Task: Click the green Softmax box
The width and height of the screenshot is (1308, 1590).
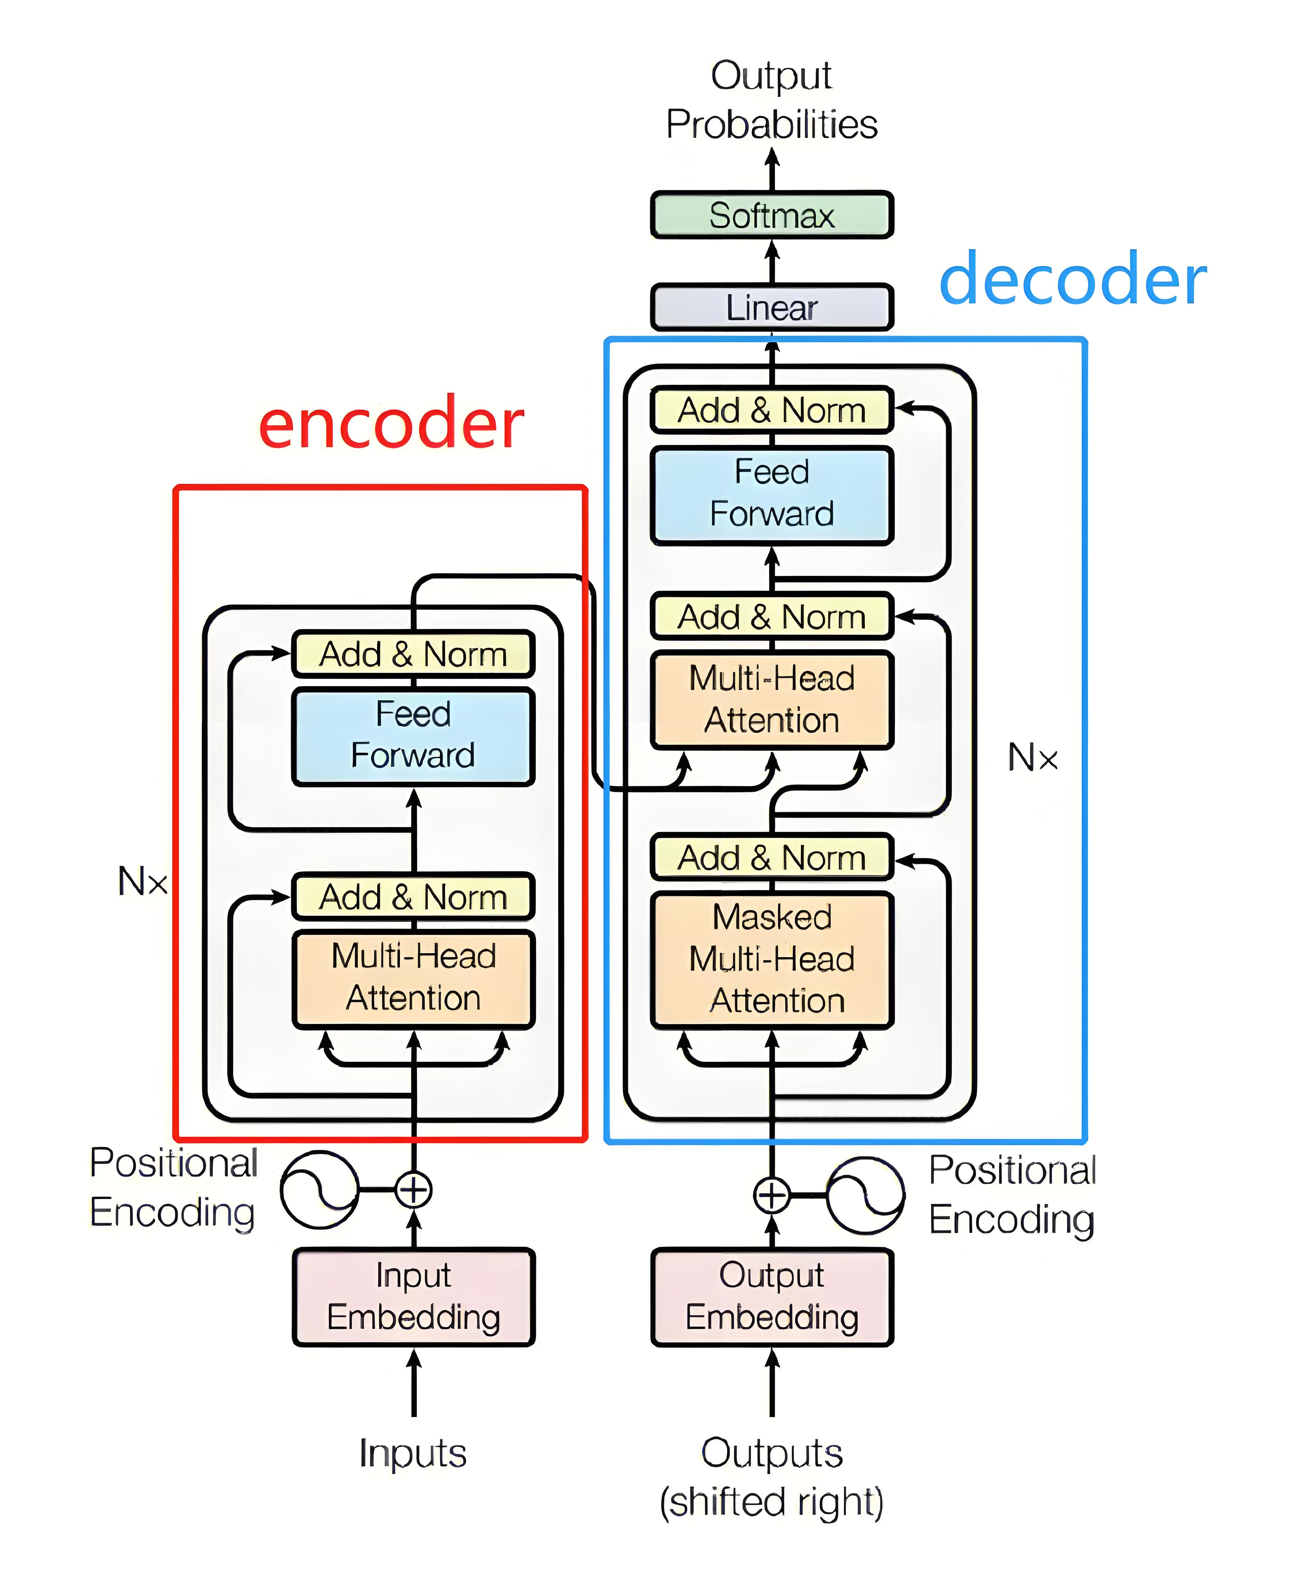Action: tap(772, 216)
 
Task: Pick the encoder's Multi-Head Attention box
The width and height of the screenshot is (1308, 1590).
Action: tap(413, 978)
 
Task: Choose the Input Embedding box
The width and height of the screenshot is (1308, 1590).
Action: tap(413, 1296)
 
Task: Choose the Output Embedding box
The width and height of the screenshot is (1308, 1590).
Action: tap(772, 1296)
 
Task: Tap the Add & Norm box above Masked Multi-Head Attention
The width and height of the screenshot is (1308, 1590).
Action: tap(772, 857)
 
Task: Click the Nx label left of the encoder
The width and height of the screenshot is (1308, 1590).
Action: tap(142, 881)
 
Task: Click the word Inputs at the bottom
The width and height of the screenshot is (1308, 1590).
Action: tap(413, 1453)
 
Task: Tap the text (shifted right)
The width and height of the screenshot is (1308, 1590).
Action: tap(772, 1502)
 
